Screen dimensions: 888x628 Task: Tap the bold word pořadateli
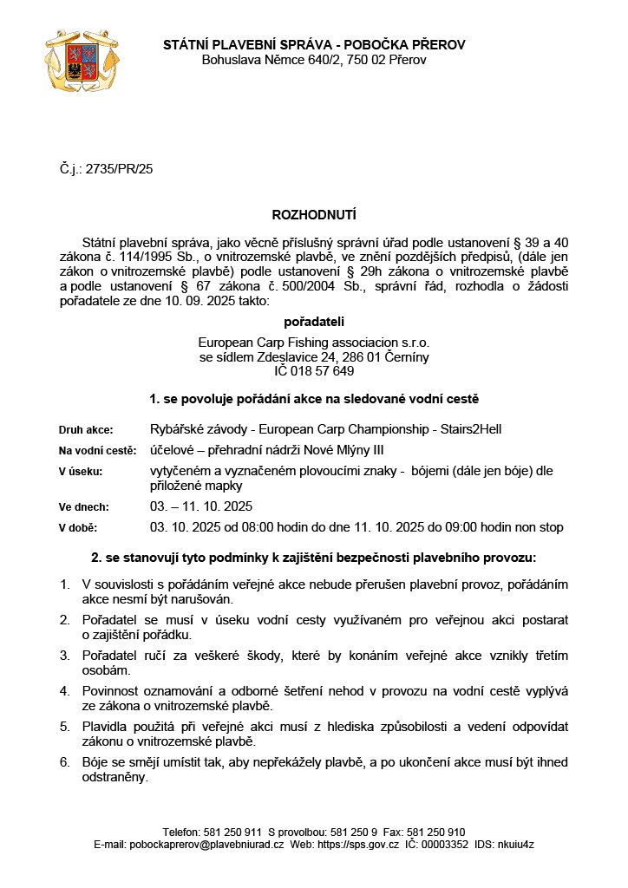[x=314, y=322]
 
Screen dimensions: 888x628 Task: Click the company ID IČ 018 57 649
[x=314, y=371]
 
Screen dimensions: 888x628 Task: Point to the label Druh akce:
[x=85, y=429]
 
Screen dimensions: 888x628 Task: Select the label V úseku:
[x=81, y=472]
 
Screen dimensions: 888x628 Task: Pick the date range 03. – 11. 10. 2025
[x=202, y=506]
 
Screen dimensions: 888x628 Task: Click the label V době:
[x=78, y=527]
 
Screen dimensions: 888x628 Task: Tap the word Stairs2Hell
[x=469, y=429]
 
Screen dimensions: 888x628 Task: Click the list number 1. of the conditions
[x=65, y=584]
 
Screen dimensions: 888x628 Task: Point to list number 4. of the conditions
[x=65, y=691]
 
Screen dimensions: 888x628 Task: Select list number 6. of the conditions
[x=65, y=762]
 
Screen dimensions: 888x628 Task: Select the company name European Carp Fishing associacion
[x=300, y=343]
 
